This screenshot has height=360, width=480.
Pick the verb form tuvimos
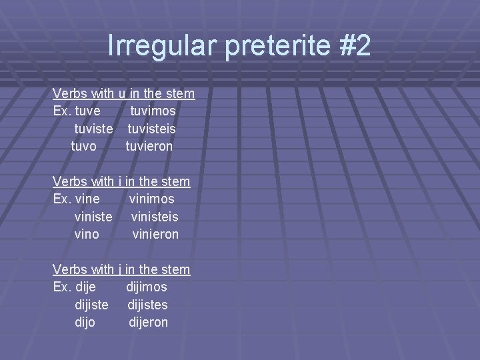153,110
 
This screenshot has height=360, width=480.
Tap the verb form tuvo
83,145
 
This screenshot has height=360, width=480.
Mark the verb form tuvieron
149,145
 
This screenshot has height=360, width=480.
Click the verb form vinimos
152,199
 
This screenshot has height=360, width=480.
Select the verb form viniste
94,217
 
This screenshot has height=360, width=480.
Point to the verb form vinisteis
155,217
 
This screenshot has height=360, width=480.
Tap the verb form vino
87,234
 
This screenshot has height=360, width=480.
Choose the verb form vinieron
155,234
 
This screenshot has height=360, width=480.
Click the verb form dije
85,287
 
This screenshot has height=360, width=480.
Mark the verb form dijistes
147,305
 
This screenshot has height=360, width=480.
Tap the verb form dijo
85,323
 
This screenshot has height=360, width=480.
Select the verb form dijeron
148,323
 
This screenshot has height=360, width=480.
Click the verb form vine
88,199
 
